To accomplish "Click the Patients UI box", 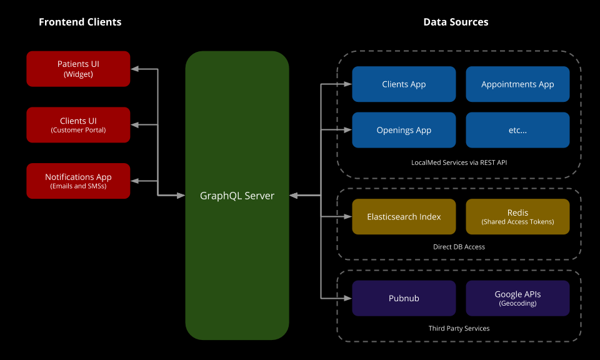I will [x=78, y=69].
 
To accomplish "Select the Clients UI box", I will [x=78, y=125].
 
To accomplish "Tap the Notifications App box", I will [x=78, y=181].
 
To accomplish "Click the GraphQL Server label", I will [x=237, y=196].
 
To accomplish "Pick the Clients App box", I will [x=404, y=84].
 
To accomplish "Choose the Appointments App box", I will [x=517, y=84].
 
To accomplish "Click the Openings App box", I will [x=404, y=130].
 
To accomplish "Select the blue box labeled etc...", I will [x=517, y=130].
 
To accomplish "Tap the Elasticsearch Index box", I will [x=404, y=217].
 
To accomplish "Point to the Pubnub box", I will [x=404, y=298].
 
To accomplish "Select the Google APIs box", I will [x=517, y=298].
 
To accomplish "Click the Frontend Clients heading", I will [x=80, y=22].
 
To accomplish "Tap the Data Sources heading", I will [x=456, y=22].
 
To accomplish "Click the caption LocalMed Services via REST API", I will [x=459, y=162].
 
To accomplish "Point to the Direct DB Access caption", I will [x=459, y=247].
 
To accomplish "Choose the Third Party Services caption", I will [x=459, y=328].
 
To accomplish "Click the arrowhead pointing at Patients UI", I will [x=134, y=69].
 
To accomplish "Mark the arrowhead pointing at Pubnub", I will [x=348, y=298].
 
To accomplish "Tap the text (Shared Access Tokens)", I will [x=517, y=222].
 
